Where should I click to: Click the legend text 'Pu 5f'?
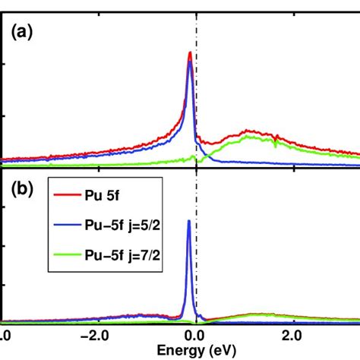point(114,201)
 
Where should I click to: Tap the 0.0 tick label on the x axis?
point(196,335)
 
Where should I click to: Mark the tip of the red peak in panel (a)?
point(189,52)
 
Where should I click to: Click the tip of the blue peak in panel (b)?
point(188,221)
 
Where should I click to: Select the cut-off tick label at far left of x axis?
point(5,335)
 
